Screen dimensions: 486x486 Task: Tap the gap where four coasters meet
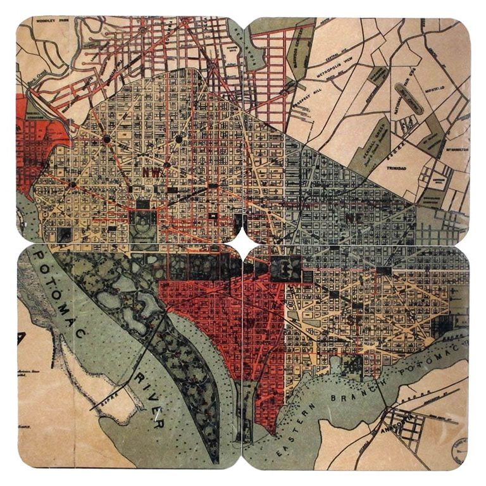(243, 243)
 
